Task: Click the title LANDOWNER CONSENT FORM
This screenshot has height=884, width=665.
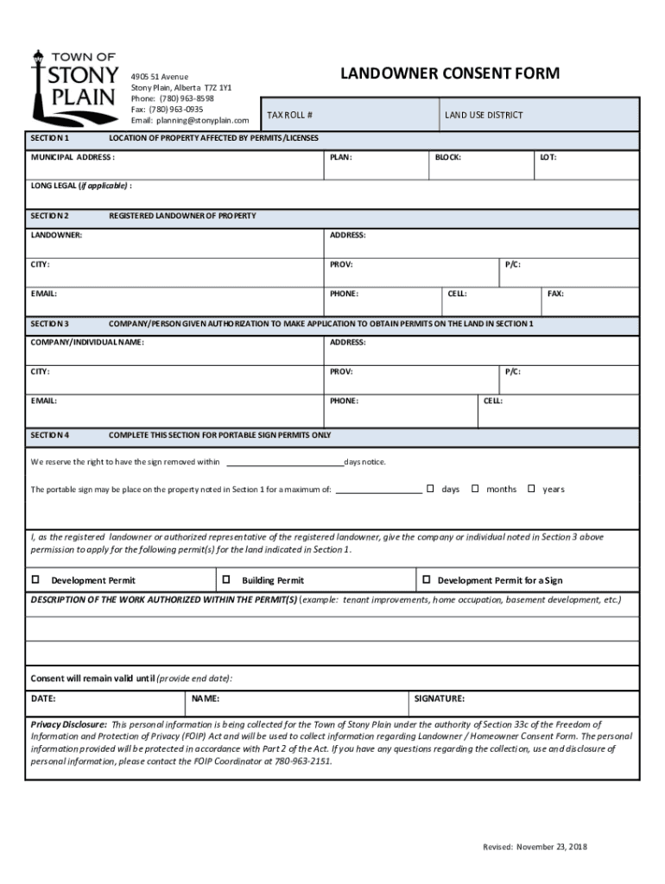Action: [x=449, y=73]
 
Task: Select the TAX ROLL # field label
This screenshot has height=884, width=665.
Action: [x=289, y=116]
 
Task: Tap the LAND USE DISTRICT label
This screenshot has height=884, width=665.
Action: [x=484, y=116]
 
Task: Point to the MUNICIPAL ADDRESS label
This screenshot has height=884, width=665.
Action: [x=73, y=158]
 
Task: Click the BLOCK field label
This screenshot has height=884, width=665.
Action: [x=447, y=158]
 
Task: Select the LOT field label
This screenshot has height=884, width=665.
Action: [x=548, y=158]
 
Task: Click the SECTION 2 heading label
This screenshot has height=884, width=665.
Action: [x=50, y=215]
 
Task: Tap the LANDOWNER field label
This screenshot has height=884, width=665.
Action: [x=56, y=236]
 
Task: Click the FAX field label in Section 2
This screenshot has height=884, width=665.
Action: [x=555, y=294]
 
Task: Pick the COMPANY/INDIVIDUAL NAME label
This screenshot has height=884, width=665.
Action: [x=87, y=343]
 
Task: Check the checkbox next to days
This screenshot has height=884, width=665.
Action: [x=430, y=489]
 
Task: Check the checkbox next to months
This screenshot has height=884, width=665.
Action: [x=475, y=489]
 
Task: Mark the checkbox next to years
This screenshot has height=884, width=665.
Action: [x=531, y=489]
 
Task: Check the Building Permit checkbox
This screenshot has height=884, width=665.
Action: [x=227, y=580]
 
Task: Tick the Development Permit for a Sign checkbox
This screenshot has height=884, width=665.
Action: [x=426, y=580]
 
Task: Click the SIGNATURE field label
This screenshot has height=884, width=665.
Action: [x=440, y=698]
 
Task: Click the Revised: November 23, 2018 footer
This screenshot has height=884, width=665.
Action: [x=535, y=847]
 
